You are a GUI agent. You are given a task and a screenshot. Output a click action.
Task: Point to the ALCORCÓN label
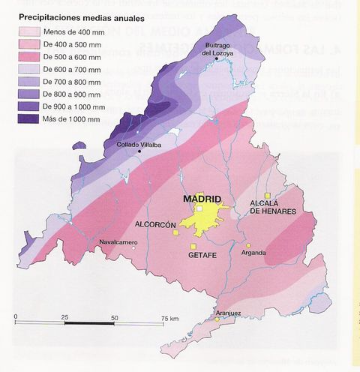156,225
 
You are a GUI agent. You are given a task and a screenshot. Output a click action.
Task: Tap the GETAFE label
202,254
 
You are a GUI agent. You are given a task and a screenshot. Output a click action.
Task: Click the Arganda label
254,253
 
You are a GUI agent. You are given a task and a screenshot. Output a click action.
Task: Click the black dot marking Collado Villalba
139,152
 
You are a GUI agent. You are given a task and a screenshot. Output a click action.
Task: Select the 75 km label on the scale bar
169,318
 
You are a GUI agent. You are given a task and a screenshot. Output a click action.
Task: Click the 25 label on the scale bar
65,318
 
